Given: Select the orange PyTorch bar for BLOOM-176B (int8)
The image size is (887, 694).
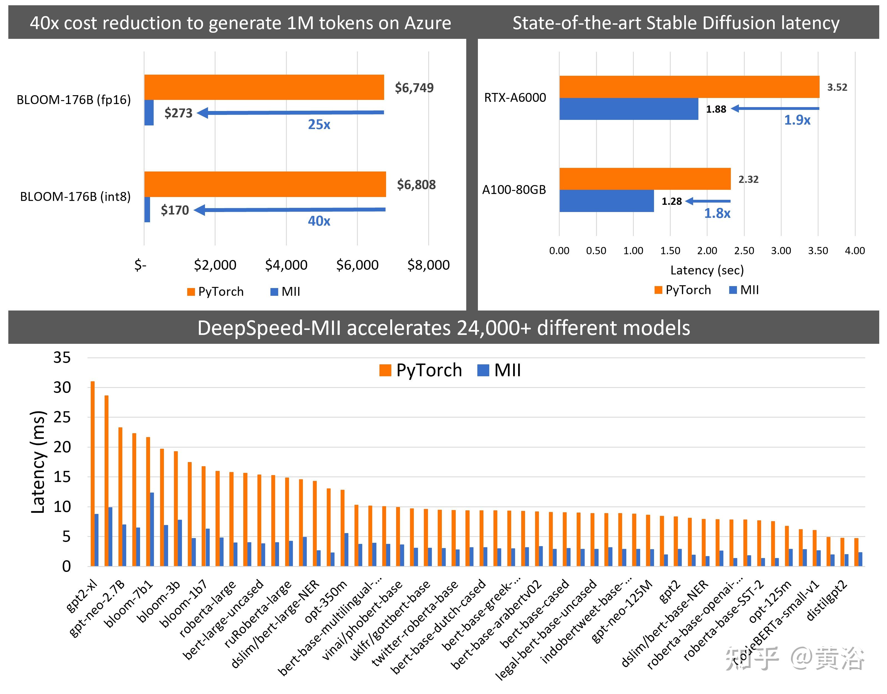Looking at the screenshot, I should tap(265, 184).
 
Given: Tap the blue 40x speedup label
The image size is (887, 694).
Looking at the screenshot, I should tap(319, 221).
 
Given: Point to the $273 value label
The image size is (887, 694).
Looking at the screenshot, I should tap(178, 113).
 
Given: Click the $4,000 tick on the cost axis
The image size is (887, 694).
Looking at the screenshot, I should tap(286, 265).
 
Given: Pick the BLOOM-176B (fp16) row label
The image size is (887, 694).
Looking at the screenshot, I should tap(74, 100).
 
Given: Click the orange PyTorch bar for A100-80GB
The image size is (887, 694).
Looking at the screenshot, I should tap(645, 179).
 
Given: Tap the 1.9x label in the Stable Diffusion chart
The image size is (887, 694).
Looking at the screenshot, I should tap(797, 120).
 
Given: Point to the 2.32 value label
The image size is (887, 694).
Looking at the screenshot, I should tap(748, 179).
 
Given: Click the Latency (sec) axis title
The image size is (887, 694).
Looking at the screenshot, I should tap(707, 270).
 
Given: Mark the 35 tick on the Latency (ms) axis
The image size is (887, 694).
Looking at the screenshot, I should tap(62, 358).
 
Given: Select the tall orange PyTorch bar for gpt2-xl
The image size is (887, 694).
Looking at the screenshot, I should tap(93, 473).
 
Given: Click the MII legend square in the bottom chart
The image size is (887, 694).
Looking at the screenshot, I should tap(483, 370).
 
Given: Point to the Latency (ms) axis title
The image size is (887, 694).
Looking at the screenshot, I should tap(38, 462).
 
